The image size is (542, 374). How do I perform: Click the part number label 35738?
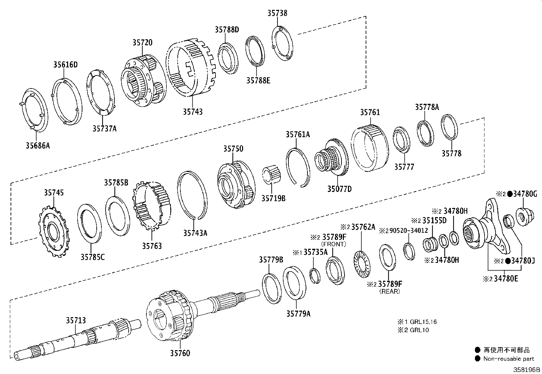click(277, 13)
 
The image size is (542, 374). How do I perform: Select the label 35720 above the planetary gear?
click(142, 43)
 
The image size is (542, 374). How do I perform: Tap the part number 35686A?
click(37, 146)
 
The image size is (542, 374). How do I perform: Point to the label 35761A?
click(298, 134)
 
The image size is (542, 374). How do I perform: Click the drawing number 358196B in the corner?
click(527, 370)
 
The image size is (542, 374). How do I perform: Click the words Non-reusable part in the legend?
click(509, 358)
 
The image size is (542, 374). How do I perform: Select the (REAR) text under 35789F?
click(390, 291)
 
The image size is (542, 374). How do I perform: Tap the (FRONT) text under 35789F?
click(334, 244)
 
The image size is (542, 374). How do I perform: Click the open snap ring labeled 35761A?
click(298, 167)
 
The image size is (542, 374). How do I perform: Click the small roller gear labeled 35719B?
click(272, 174)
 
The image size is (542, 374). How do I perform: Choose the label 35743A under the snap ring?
click(195, 233)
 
